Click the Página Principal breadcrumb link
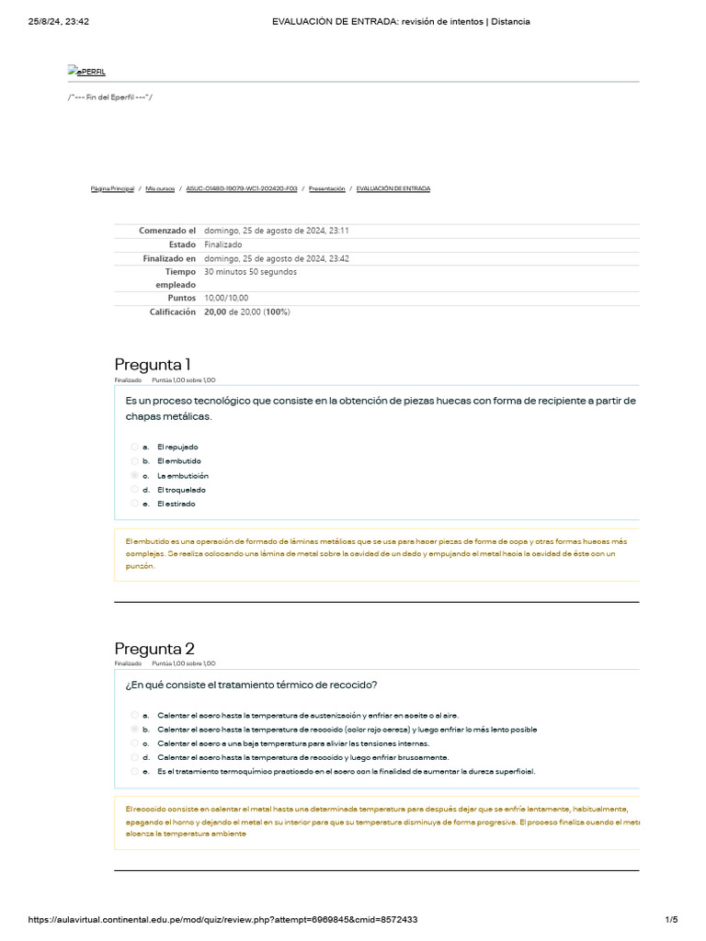(x=112, y=188)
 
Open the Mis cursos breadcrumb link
(x=160, y=188)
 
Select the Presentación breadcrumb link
(x=326, y=188)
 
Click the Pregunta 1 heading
(x=153, y=364)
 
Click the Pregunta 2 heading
(x=154, y=648)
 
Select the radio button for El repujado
(x=135, y=447)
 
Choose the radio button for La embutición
(x=135, y=475)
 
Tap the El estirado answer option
(x=176, y=504)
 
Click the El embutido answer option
(x=178, y=460)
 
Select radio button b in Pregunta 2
(x=135, y=729)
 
